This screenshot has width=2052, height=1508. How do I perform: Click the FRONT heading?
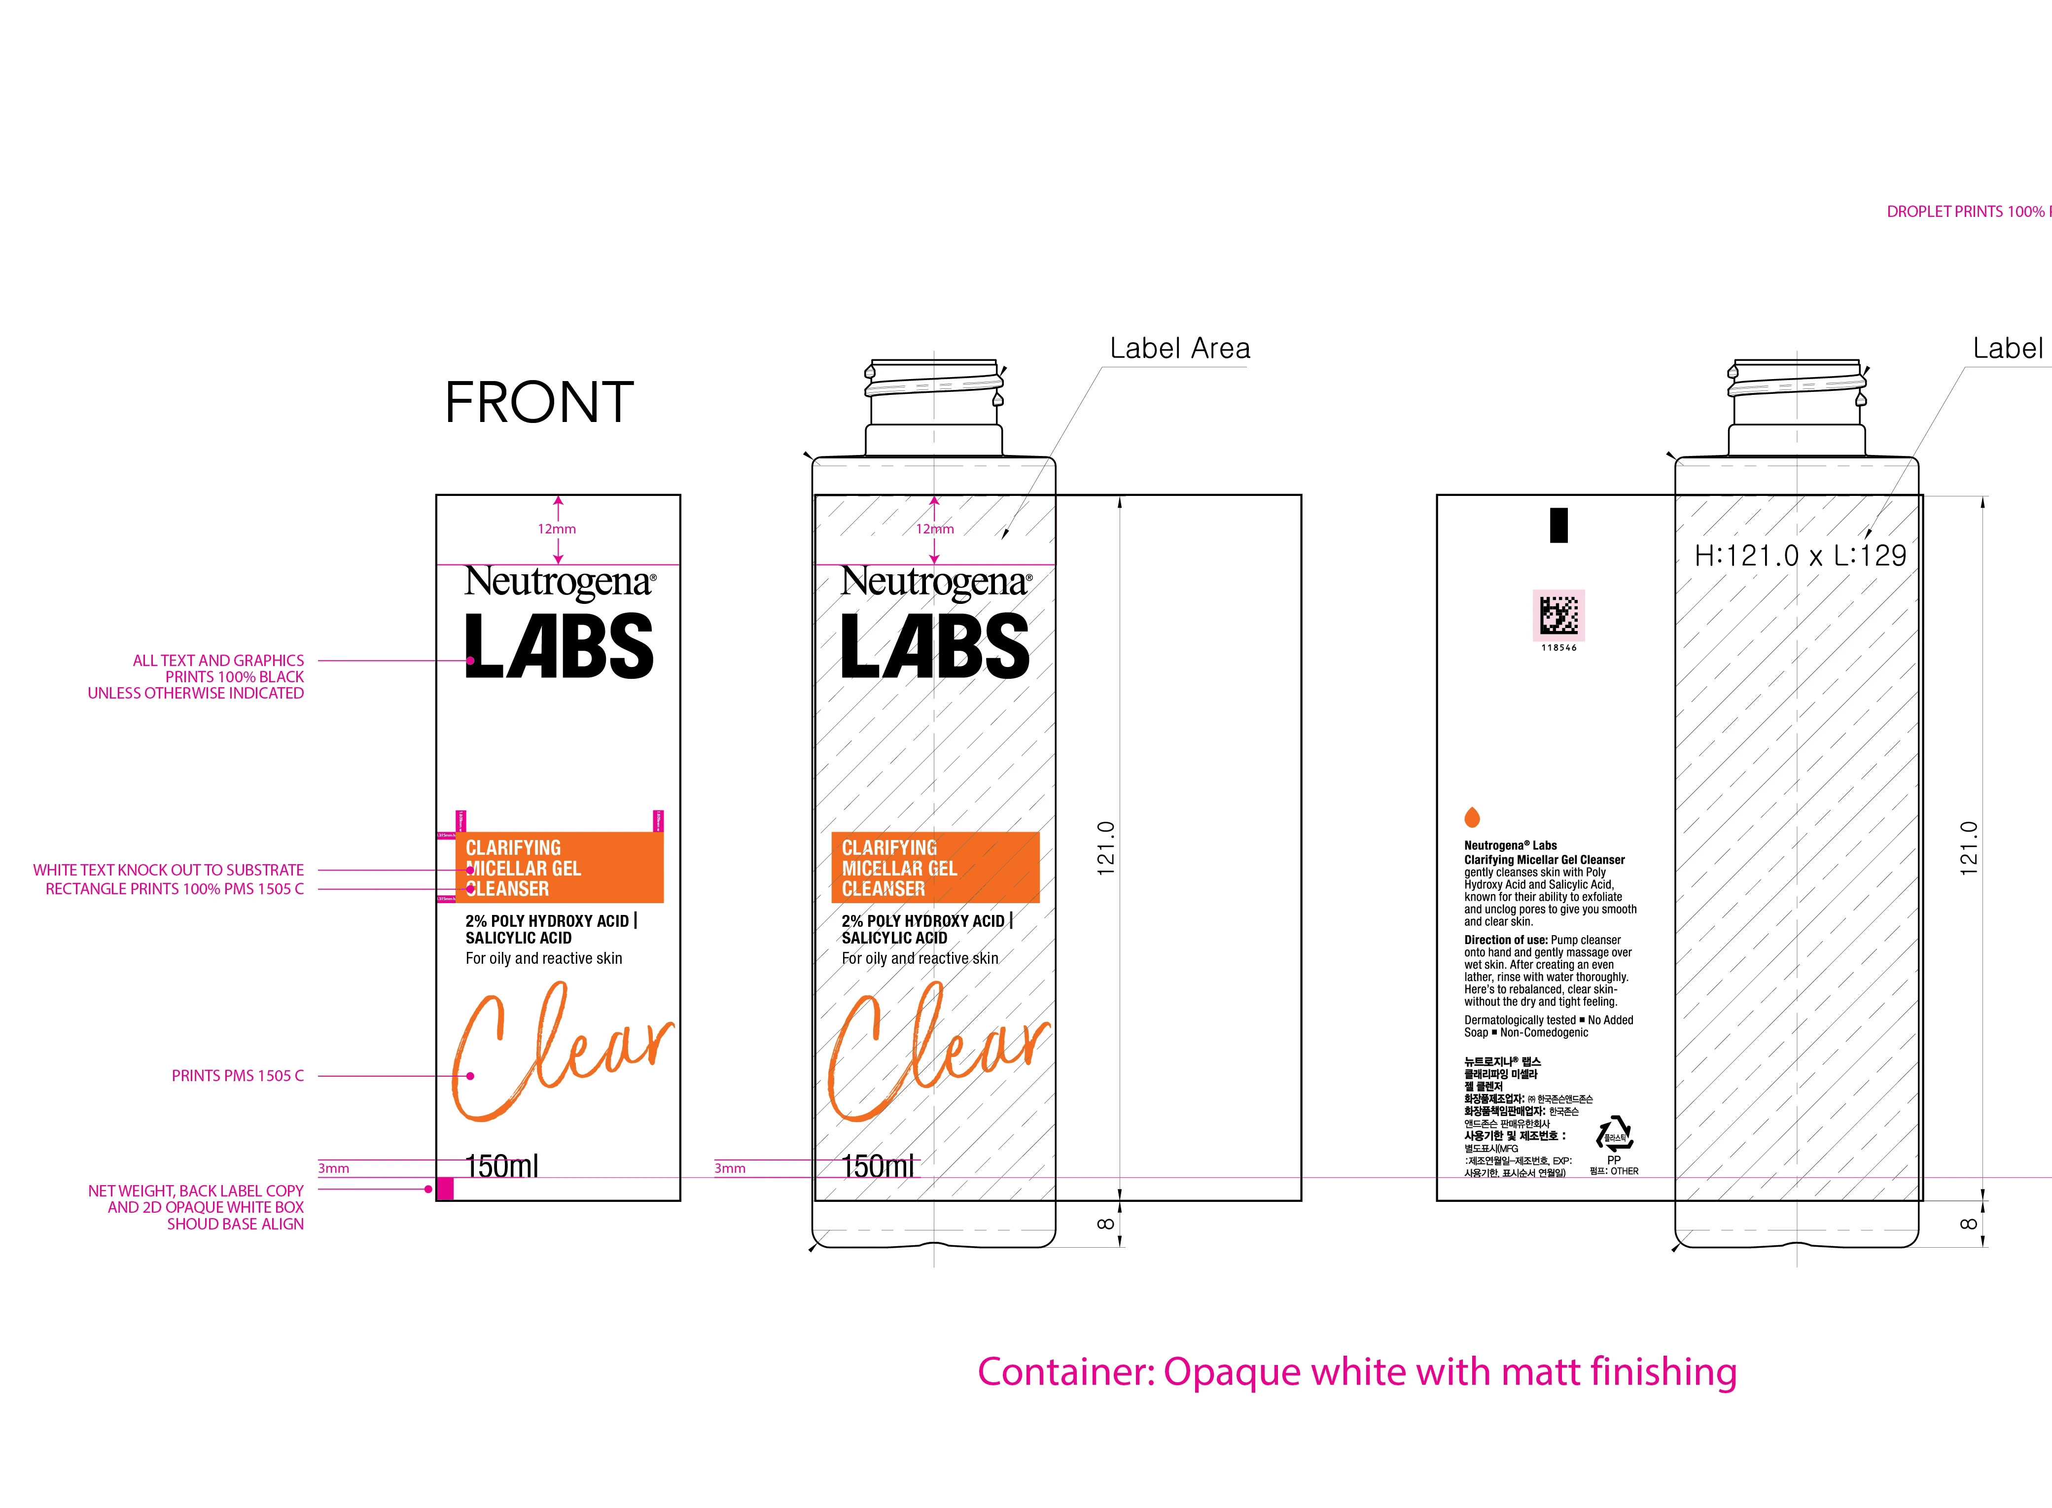coord(538,403)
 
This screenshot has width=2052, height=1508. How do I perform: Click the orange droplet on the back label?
coord(1471,817)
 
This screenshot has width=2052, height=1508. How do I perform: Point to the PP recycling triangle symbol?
coord(1614,1135)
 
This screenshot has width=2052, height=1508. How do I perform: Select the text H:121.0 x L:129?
coord(1800,555)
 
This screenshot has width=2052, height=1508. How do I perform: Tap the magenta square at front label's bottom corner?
coord(445,1189)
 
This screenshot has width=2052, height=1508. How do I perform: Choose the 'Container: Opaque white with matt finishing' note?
coord(1356,1372)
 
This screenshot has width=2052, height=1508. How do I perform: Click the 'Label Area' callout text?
coord(1179,349)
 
